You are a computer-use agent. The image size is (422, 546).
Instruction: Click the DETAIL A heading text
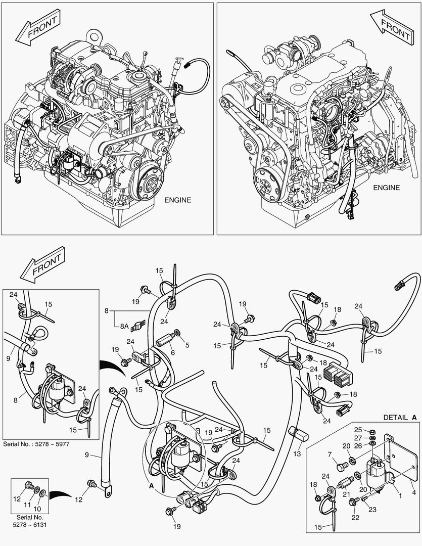tap(400, 418)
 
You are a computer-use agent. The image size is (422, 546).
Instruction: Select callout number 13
tap(296, 453)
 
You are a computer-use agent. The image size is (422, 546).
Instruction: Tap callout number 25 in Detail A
tap(372, 430)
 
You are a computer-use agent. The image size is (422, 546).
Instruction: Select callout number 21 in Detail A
tap(347, 494)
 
